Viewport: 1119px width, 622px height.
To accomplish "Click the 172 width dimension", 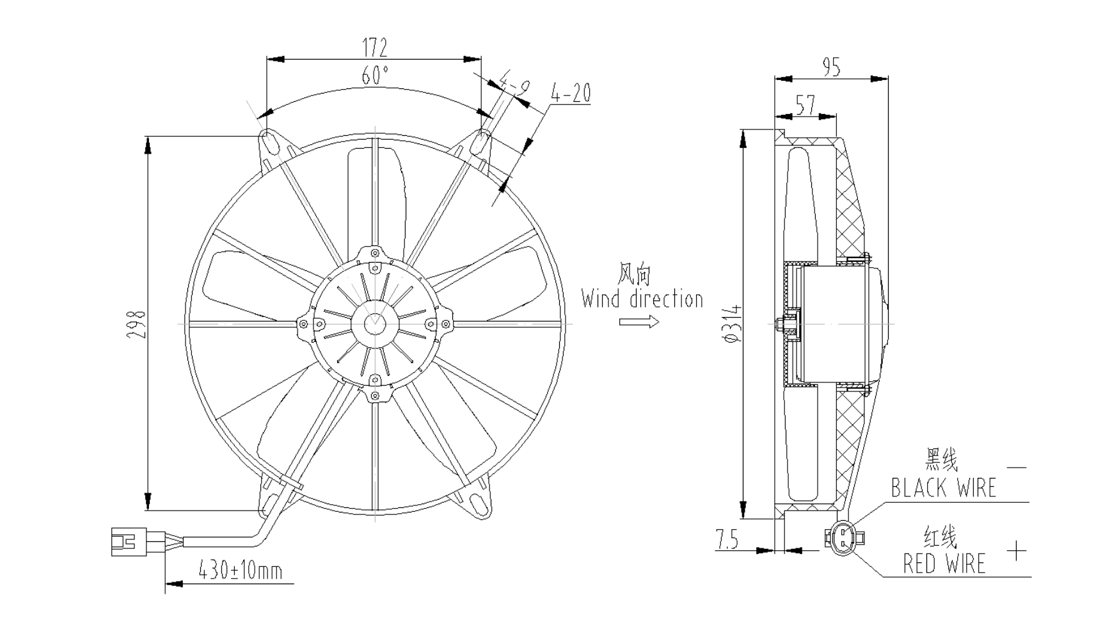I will tap(375, 47).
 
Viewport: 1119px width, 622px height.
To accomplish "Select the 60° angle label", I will tap(375, 76).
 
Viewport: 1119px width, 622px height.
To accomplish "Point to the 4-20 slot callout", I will tap(571, 94).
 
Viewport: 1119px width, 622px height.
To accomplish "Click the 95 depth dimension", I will tap(830, 67).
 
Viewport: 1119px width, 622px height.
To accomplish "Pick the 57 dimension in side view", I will tap(806, 104).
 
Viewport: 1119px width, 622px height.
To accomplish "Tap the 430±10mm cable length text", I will tap(241, 569).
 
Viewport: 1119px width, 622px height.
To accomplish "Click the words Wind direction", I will tap(642, 299).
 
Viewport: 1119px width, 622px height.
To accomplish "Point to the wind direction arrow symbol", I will tap(639, 322).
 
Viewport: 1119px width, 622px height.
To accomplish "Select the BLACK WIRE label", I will tap(944, 488).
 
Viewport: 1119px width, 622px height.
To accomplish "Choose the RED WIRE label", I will tap(944, 564).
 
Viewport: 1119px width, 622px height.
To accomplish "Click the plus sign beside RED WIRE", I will tap(1016, 550).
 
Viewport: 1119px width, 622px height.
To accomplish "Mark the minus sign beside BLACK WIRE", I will tap(1016, 468).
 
